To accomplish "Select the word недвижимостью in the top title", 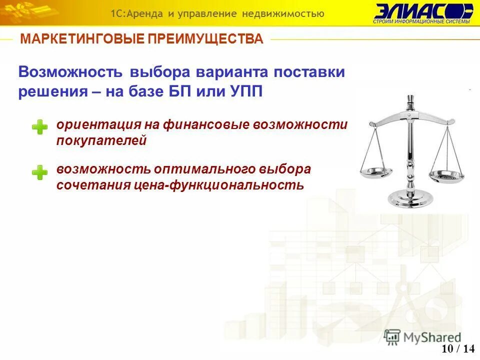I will pos(283,13).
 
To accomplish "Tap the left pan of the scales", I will pos(376,172).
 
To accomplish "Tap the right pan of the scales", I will pos(446,175).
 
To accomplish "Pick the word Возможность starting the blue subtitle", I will pos(70,71).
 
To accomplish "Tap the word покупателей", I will pos(101,141).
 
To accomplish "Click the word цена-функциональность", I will pos(218,185).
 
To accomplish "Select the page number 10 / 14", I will pos(458,348).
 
